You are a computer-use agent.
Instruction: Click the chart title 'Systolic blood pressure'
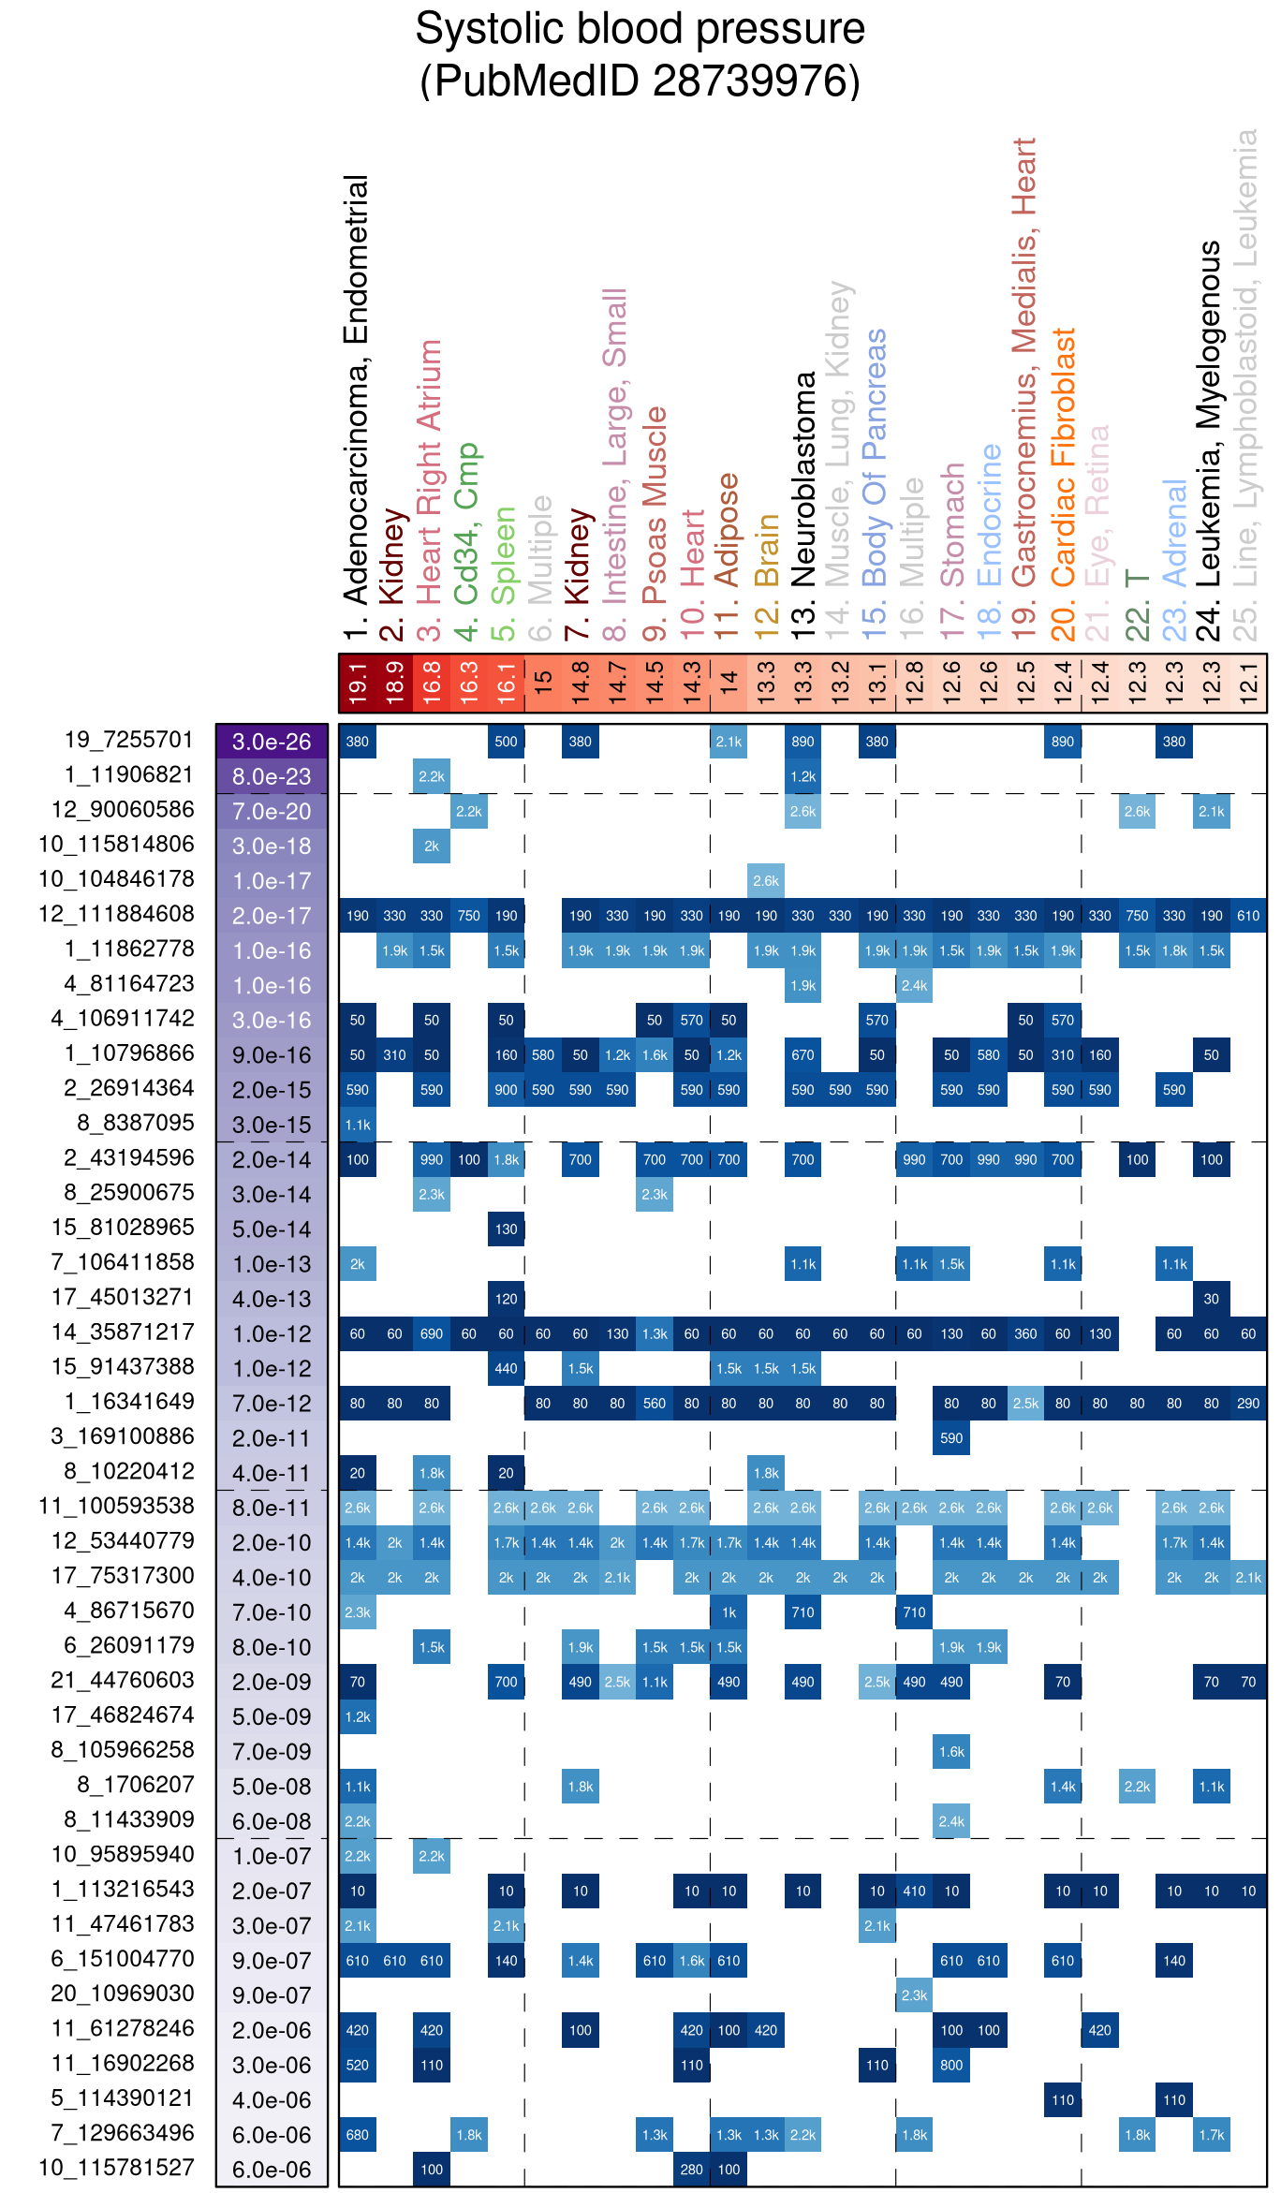pos(640,29)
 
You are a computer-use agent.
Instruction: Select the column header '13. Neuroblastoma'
pos(804,506)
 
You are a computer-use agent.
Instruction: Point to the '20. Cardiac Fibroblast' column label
pos(1064,483)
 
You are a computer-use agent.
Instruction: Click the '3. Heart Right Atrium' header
pos(430,490)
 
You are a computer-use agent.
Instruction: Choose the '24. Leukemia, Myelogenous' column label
pos(1211,440)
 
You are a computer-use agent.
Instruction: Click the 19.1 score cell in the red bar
pos(358,683)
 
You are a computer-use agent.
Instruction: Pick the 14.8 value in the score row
pos(581,683)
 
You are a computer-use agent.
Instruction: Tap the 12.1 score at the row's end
pos(1248,683)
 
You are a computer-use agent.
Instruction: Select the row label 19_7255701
pos(128,740)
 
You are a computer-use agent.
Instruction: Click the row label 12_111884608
pos(116,914)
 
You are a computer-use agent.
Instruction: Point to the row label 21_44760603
pos(123,1681)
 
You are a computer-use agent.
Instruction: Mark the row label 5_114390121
pos(123,2098)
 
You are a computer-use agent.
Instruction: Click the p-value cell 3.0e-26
pos(272,742)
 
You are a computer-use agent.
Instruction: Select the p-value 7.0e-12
pos(272,1404)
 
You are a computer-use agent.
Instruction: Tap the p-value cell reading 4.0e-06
pos(272,2100)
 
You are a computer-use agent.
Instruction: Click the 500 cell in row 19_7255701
pos(506,742)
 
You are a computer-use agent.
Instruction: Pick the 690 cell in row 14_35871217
pos(432,1333)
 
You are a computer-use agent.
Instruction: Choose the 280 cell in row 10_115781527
pos(692,2170)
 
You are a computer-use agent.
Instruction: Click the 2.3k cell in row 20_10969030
pos(914,1995)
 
